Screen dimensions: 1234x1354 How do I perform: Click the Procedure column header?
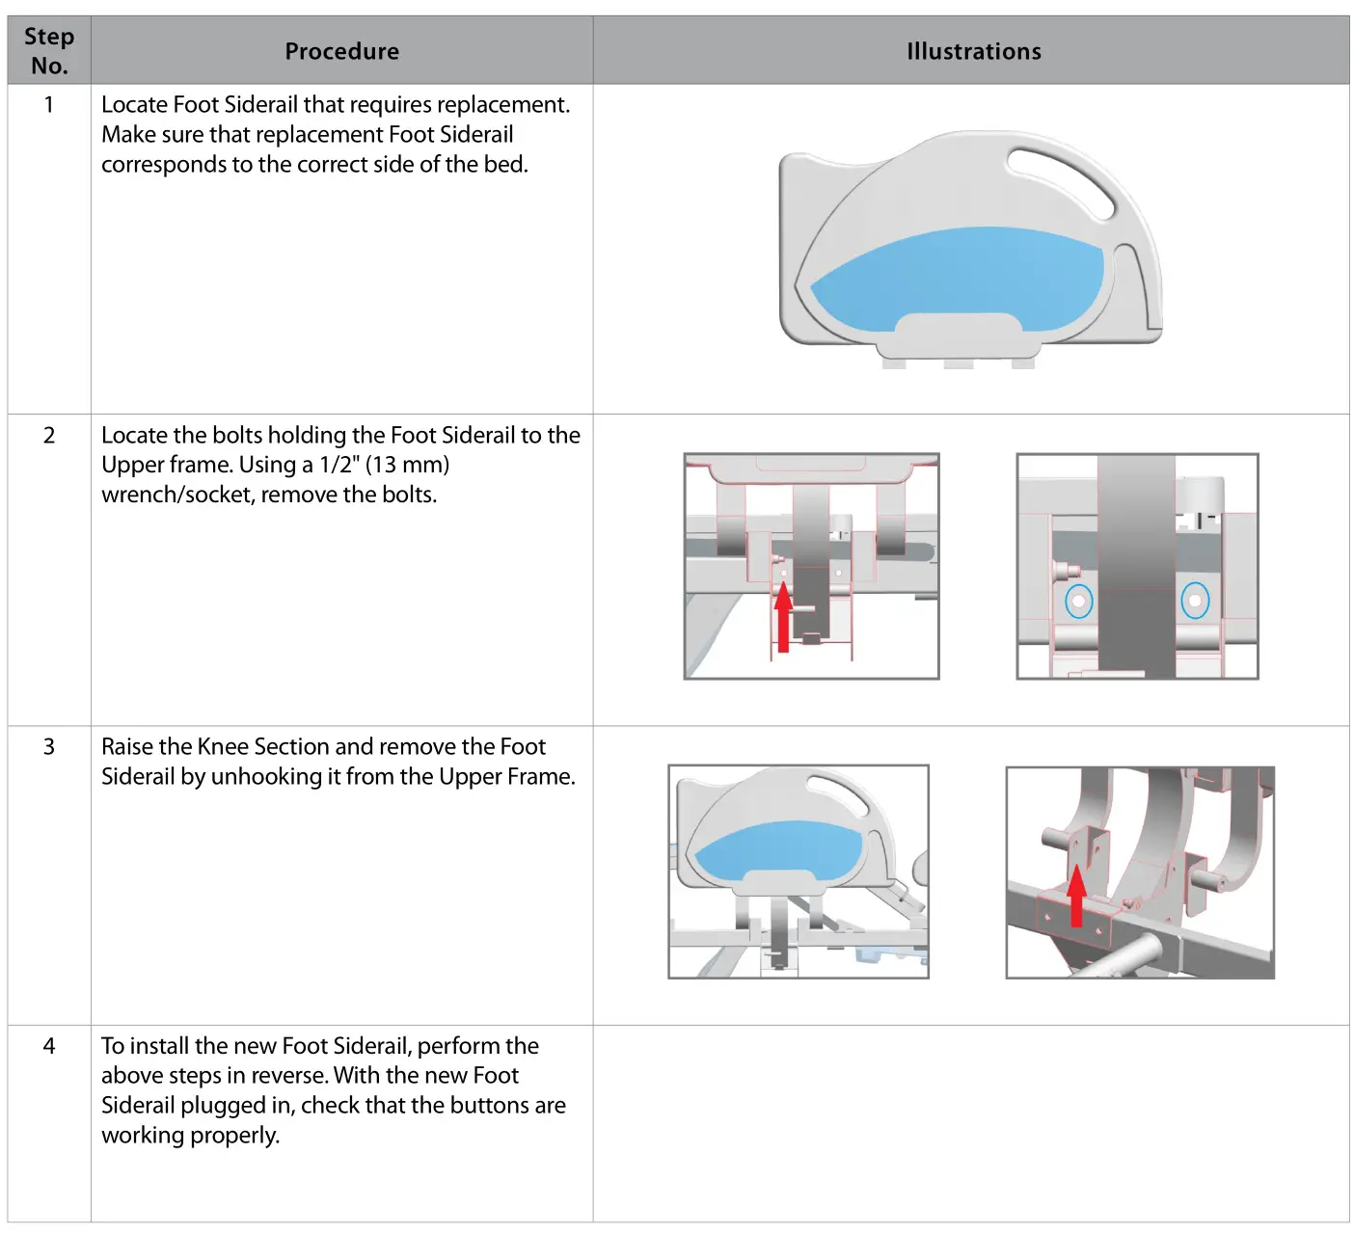(341, 51)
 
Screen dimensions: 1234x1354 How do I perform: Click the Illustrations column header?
(973, 51)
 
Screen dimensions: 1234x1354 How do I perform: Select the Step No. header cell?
(49, 51)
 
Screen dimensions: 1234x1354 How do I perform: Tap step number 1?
(49, 104)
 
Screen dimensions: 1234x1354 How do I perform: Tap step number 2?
(49, 435)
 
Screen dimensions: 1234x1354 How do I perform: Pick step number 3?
(49, 746)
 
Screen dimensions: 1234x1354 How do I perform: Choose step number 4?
(49, 1046)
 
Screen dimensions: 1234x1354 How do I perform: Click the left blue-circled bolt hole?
(1078, 603)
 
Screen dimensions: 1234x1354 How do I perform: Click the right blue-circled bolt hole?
(1196, 602)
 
